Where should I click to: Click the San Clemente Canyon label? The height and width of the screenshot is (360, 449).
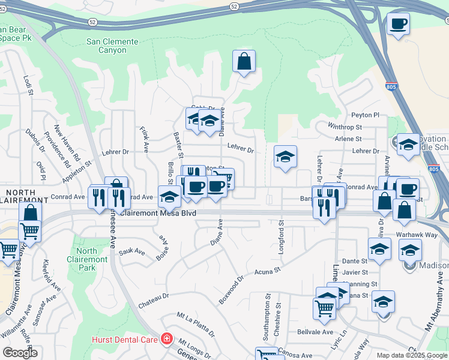(x=112, y=46)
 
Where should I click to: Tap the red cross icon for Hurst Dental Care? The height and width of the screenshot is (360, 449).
(x=166, y=340)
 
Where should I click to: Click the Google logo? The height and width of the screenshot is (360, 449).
(x=20, y=352)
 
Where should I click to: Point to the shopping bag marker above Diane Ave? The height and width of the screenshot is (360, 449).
(x=244, y=62)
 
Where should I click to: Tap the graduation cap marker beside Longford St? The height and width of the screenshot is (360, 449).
(x=285, y=158)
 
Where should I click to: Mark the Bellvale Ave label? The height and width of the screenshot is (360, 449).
(x=315, y=332)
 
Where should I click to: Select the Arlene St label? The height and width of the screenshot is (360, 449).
(x=348, y=139)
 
